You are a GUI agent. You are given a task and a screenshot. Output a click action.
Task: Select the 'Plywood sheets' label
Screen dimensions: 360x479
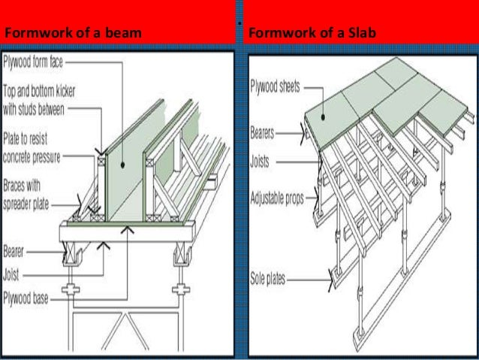tap(276, 85)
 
